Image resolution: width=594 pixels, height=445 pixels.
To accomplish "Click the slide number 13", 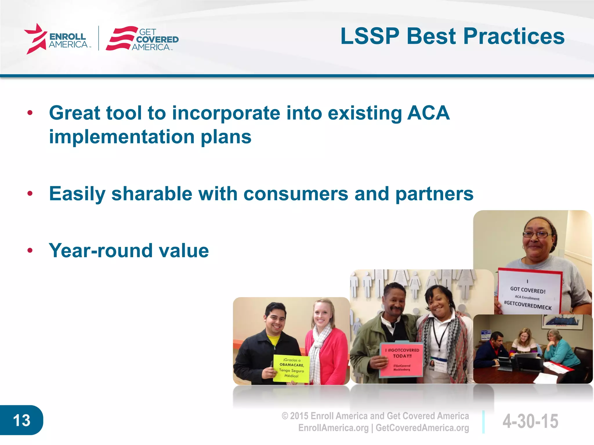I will click(21, 420).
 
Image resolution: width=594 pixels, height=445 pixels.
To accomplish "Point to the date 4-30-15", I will click(530, 421).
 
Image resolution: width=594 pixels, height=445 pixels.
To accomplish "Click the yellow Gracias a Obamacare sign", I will click(291, 368).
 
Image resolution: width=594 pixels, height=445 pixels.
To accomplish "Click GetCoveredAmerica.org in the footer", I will click(422, 428).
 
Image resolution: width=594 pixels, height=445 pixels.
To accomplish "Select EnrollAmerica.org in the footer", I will click(333, 428).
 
